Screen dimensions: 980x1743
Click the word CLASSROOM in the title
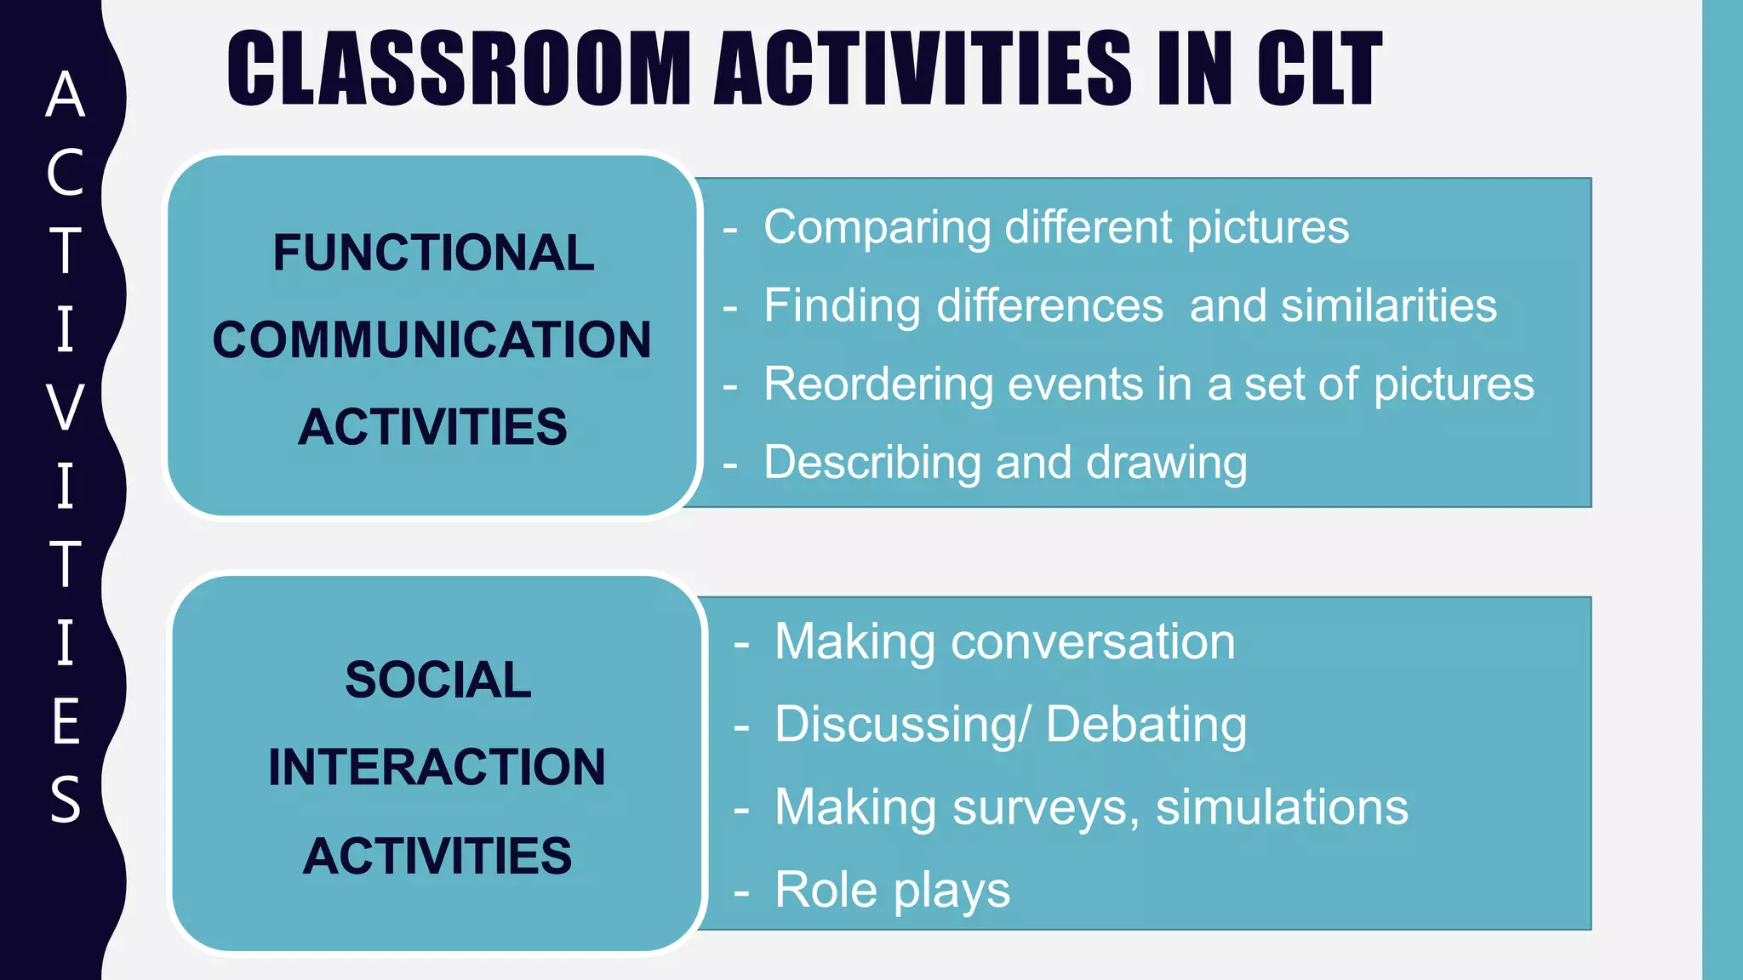tap(460, 68)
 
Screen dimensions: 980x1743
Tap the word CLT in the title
tap(1319, 68)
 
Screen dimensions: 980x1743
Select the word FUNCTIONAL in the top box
tap(433, 253)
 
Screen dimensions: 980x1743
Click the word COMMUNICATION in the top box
tap(431, 339)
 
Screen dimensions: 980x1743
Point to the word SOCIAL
tap(437, 680)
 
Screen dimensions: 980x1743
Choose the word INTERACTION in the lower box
tap(437, 767)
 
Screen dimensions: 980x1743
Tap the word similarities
tap(1389, 305)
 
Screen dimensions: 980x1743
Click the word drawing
tap(1166, 464)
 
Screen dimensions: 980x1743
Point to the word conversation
tap(1093, 641)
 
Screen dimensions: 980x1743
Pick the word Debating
tap(1146, 725)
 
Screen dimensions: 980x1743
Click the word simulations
tap(1282, 807)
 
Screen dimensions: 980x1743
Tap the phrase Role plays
tap(892, 891)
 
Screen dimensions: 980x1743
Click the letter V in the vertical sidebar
tap(66, 407)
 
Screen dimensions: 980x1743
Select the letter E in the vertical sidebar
tap(66, 721)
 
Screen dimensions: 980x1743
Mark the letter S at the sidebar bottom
tap(66, 799)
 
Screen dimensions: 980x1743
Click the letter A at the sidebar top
tap(66, 94)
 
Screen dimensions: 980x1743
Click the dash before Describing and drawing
tap(730, 465)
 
